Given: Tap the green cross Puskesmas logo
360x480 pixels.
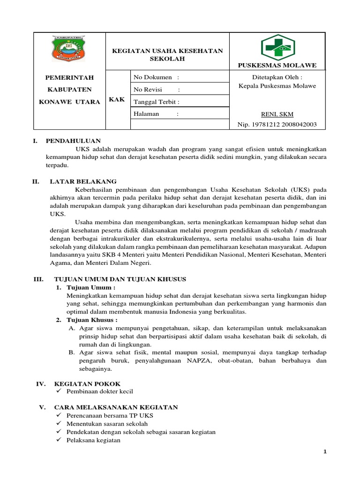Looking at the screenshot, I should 277,47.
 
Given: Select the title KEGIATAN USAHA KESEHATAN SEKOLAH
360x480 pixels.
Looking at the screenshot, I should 167,55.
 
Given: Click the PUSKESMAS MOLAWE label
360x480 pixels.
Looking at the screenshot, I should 277,65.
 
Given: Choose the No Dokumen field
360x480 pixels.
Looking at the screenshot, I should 156,77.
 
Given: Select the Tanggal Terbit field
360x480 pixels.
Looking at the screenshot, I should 157,101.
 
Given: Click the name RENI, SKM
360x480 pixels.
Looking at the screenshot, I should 277,114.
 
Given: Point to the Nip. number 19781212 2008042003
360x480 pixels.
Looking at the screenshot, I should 277,124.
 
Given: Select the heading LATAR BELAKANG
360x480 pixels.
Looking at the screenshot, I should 83,181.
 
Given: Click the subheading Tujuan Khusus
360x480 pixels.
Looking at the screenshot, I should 90,320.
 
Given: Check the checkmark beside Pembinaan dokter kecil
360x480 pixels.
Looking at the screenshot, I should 58,391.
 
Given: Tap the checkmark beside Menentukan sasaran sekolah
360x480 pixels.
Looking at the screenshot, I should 58,424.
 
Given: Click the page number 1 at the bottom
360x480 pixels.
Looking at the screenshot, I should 324,451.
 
